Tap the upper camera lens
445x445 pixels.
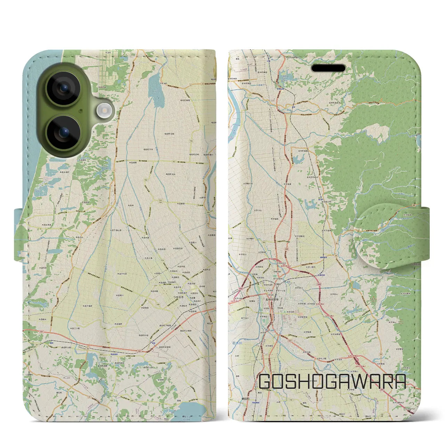click(x=64, y=89)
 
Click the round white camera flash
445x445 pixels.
click(x=104, y=111)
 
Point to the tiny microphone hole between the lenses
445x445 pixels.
click(x=80, y=111)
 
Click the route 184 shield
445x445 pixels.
click(x=191, y=141)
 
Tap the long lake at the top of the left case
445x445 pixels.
click(x=153, y=87)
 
